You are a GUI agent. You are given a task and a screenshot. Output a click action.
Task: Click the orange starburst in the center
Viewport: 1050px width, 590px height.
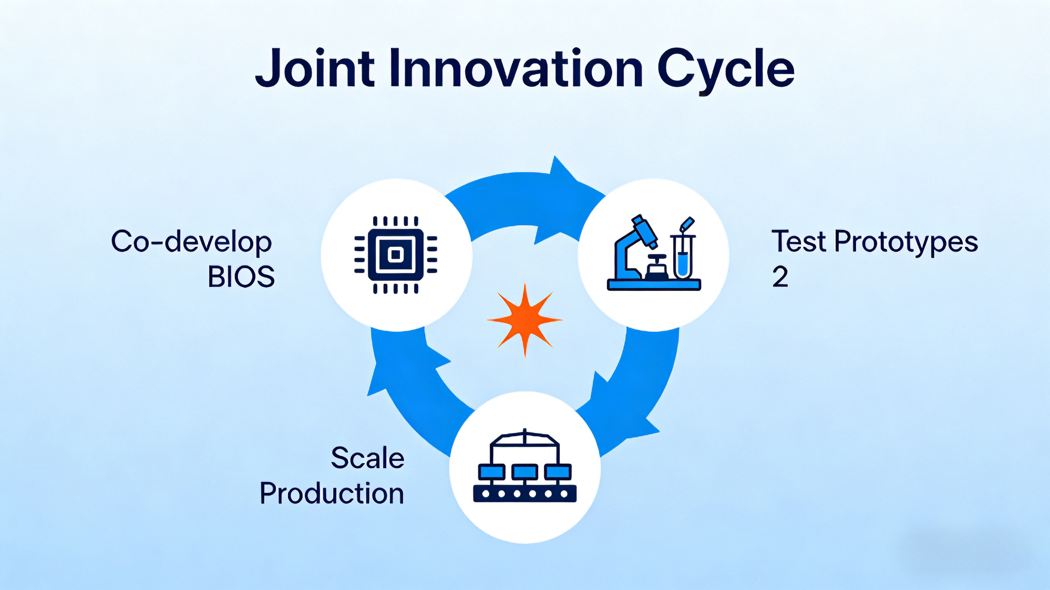(x=525, y=321)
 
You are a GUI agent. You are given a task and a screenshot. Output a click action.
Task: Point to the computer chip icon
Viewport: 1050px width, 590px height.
(x=396, y=255)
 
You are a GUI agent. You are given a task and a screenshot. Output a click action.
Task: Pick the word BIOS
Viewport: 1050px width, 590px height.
(x=241, y=277)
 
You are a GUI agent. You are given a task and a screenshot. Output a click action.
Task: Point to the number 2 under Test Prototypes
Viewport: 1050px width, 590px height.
(x=780, y=277)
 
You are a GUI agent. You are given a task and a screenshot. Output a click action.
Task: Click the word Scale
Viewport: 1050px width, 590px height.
(x=368, y=458)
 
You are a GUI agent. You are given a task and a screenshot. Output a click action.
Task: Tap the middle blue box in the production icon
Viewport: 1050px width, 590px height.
(x=525, y=472)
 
